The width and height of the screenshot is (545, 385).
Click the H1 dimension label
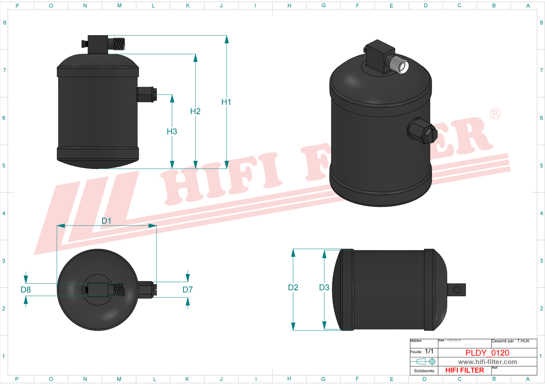pos(226,102)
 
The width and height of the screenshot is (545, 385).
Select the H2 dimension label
pos(195,111)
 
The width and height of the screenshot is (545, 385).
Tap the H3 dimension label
pos(172,131)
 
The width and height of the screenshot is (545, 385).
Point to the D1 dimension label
pos(106,221)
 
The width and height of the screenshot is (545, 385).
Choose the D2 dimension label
pos(293,287)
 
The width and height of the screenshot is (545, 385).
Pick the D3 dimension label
pos(324,287)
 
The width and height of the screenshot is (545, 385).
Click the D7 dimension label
pos(188,289)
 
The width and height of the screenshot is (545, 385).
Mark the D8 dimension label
pos(26,289)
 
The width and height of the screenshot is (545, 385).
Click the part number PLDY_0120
pos(487,353)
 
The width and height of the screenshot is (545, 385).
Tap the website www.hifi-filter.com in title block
pos(487,362)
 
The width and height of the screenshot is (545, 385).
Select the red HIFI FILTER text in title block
pos(464,370)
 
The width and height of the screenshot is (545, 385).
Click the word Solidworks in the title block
pos(424,371)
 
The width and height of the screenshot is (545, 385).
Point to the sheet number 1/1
pos(429,351)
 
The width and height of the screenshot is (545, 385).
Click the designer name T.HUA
pos(523,341)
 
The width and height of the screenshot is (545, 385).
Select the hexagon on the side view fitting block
pos(457,290)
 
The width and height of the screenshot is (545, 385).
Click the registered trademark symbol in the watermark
pos(495,114)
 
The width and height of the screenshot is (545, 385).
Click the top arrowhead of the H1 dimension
pos(227,39)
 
